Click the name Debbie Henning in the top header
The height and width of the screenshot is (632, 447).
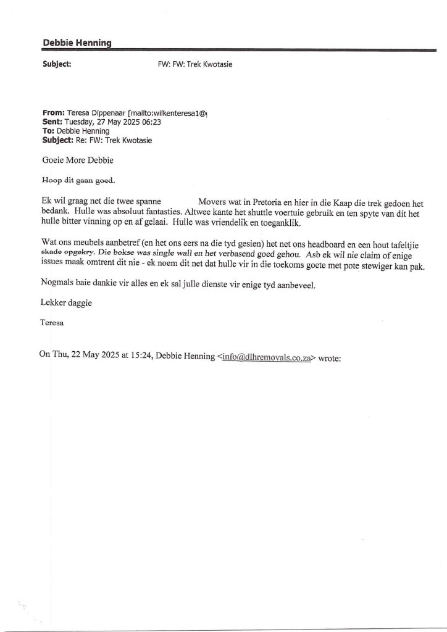77,41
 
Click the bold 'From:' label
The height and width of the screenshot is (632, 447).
54,113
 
